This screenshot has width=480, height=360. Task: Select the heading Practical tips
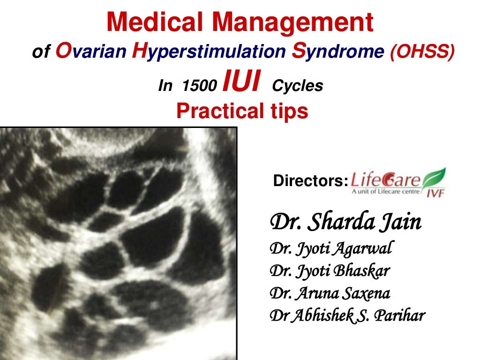tap(242, 111)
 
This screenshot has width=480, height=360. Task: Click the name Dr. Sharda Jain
tap(346, 222)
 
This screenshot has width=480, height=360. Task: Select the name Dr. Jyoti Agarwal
tap(330, 248)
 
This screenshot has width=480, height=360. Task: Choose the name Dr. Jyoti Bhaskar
tap(330, 270)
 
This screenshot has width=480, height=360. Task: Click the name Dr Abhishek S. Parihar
tap(347, 315)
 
